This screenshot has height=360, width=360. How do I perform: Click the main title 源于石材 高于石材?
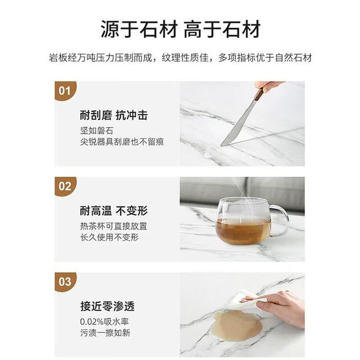pos(181,29)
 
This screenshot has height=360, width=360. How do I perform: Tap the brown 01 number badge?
pos(65,91)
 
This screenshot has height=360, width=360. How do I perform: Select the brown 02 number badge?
pos(65,186)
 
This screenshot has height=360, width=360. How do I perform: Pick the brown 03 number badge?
pos(65,282)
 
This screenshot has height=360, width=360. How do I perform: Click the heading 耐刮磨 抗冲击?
pos(114,115)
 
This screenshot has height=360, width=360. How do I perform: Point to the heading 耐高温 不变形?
pos(114,211)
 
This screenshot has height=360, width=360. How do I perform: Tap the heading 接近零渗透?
pos(107,306)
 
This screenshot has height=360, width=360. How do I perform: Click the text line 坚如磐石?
pos(97,130)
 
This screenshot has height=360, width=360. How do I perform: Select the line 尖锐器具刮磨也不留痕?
pos(122,142)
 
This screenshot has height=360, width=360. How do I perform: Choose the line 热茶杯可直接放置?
pos(114,226)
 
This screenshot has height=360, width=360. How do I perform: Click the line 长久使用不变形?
pos(109,237)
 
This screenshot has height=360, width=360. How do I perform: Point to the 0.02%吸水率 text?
pos(104,322)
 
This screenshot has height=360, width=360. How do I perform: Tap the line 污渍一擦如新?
pos(105,332)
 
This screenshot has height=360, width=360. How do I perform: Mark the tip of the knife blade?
pos(221,146)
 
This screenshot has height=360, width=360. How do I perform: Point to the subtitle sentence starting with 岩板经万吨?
pos(180,57)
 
